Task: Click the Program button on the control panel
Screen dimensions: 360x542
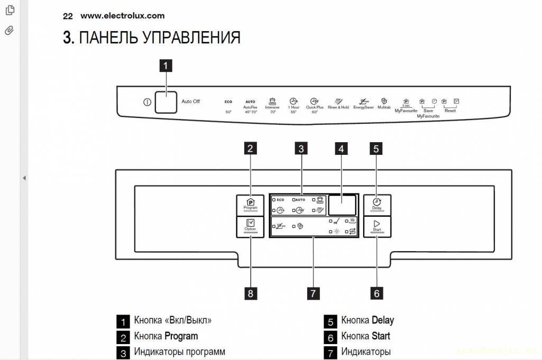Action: (x=251, y=204)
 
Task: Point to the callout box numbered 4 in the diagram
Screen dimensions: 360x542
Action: (x=342, y=149)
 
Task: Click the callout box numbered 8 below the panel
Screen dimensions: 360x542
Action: (x=251, y=292)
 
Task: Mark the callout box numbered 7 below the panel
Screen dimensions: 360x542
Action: (x=313, y=292)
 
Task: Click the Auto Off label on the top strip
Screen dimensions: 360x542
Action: (x=191, y=101)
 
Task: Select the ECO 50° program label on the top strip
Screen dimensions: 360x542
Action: (x=228, y=106)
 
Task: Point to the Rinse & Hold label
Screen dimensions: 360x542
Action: (x=338, y=107)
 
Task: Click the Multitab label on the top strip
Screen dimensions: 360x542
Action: (x=384, y=107)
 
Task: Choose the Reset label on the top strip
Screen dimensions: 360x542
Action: (x=450, y=111)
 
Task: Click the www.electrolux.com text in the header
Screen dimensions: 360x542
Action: (x=122, y=16)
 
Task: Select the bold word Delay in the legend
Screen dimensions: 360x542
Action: (x=383, y=320)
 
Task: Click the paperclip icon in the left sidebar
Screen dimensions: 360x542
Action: (x=9, y=30)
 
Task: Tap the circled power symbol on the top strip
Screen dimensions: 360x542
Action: (x=147, y=102)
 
